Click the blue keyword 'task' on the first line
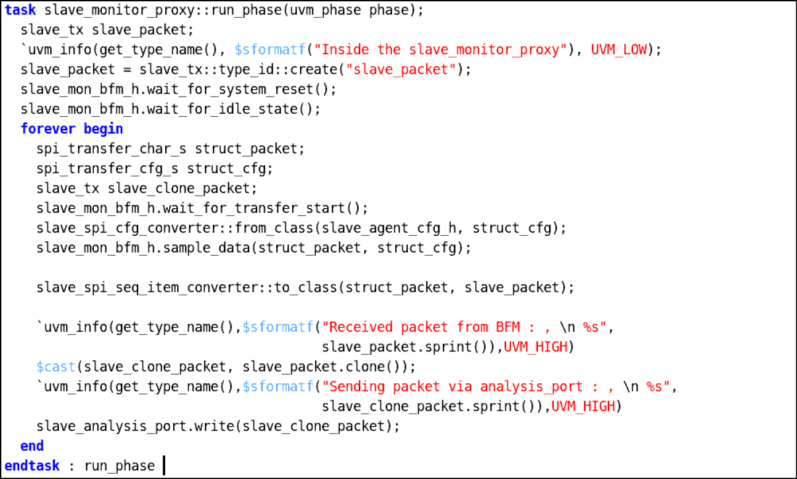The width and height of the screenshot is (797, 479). tap(20, 10)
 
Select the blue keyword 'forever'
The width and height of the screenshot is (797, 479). tap(48, 129)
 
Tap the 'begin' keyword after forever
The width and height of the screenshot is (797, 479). tap(103, 129)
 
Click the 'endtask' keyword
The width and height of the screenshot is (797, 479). tap(32, 466)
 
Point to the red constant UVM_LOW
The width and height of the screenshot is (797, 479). tap(619, 50)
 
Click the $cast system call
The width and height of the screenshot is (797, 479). tap(56, 367)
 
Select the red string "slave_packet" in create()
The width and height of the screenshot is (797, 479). tap(401, 69)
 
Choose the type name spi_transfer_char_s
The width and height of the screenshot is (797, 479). tap(112, 149)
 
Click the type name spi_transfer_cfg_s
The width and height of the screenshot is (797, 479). tap(107, 168)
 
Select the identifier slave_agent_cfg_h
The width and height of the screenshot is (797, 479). tap(389, 228)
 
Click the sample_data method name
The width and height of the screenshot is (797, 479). tap(206, 248)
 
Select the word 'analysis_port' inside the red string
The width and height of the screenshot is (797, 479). tap(531, 387)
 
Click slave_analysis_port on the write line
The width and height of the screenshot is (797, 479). tap(111, 426)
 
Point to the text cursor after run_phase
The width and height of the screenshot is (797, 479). tap(164, 466)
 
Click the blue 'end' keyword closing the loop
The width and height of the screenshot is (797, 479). tap(32, 445)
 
